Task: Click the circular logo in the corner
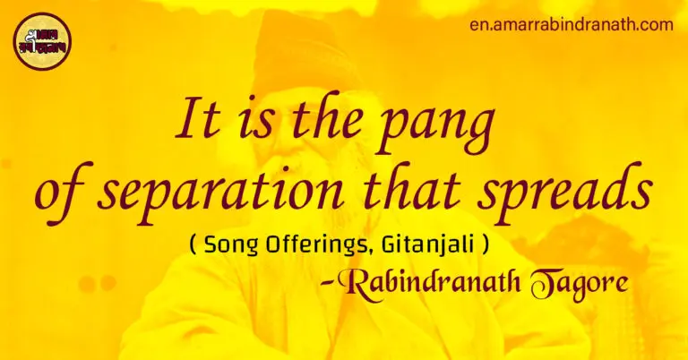pos(41,41)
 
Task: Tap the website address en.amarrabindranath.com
pos(571,24)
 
